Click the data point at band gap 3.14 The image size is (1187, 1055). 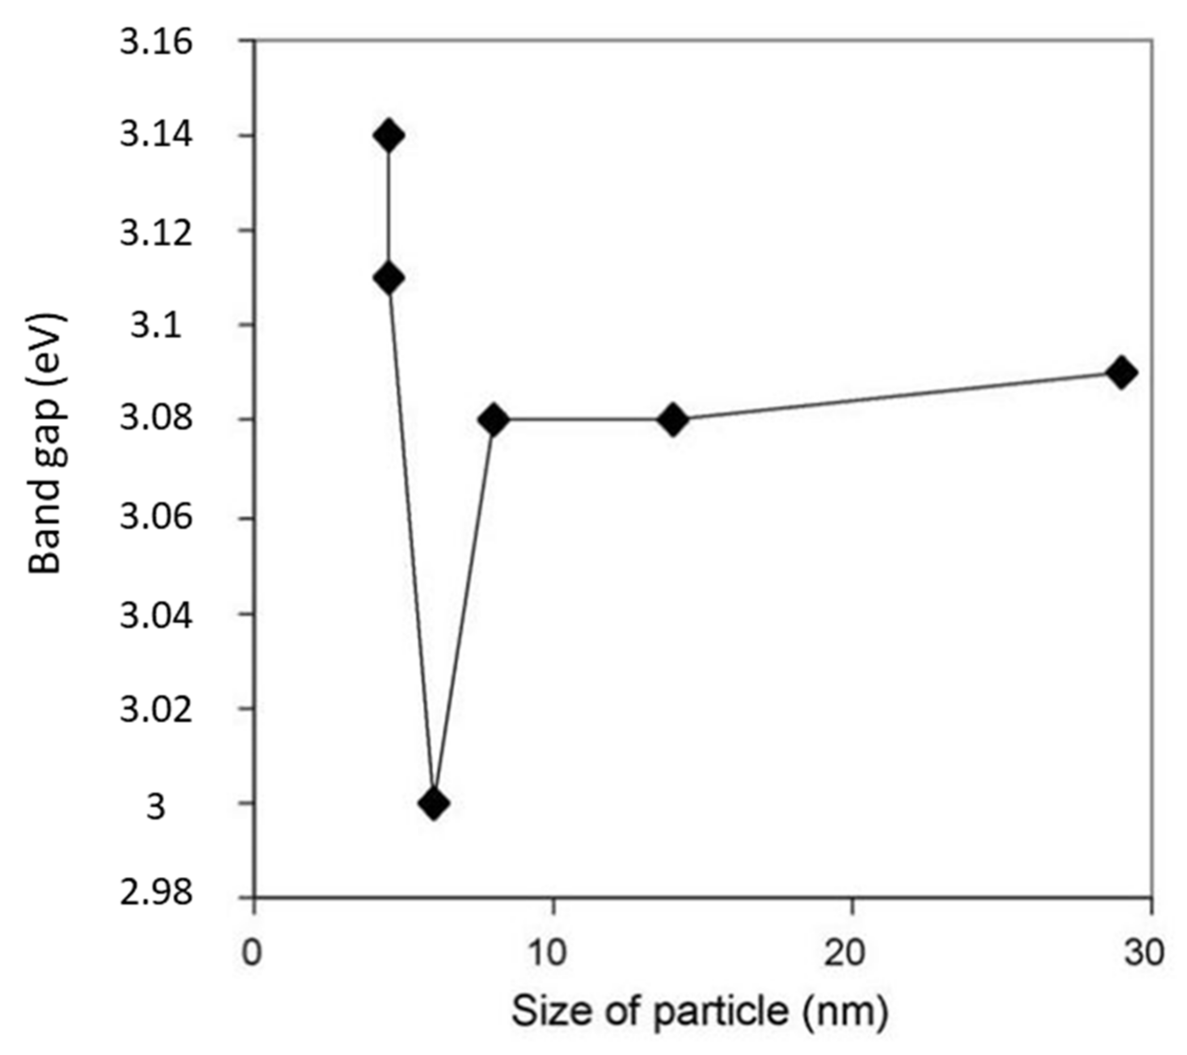(x=389, y=136)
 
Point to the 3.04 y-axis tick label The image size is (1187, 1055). (x=156, y=616)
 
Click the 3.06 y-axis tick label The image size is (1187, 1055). (x=156, y=517)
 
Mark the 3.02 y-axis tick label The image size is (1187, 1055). (x=156, y=711)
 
